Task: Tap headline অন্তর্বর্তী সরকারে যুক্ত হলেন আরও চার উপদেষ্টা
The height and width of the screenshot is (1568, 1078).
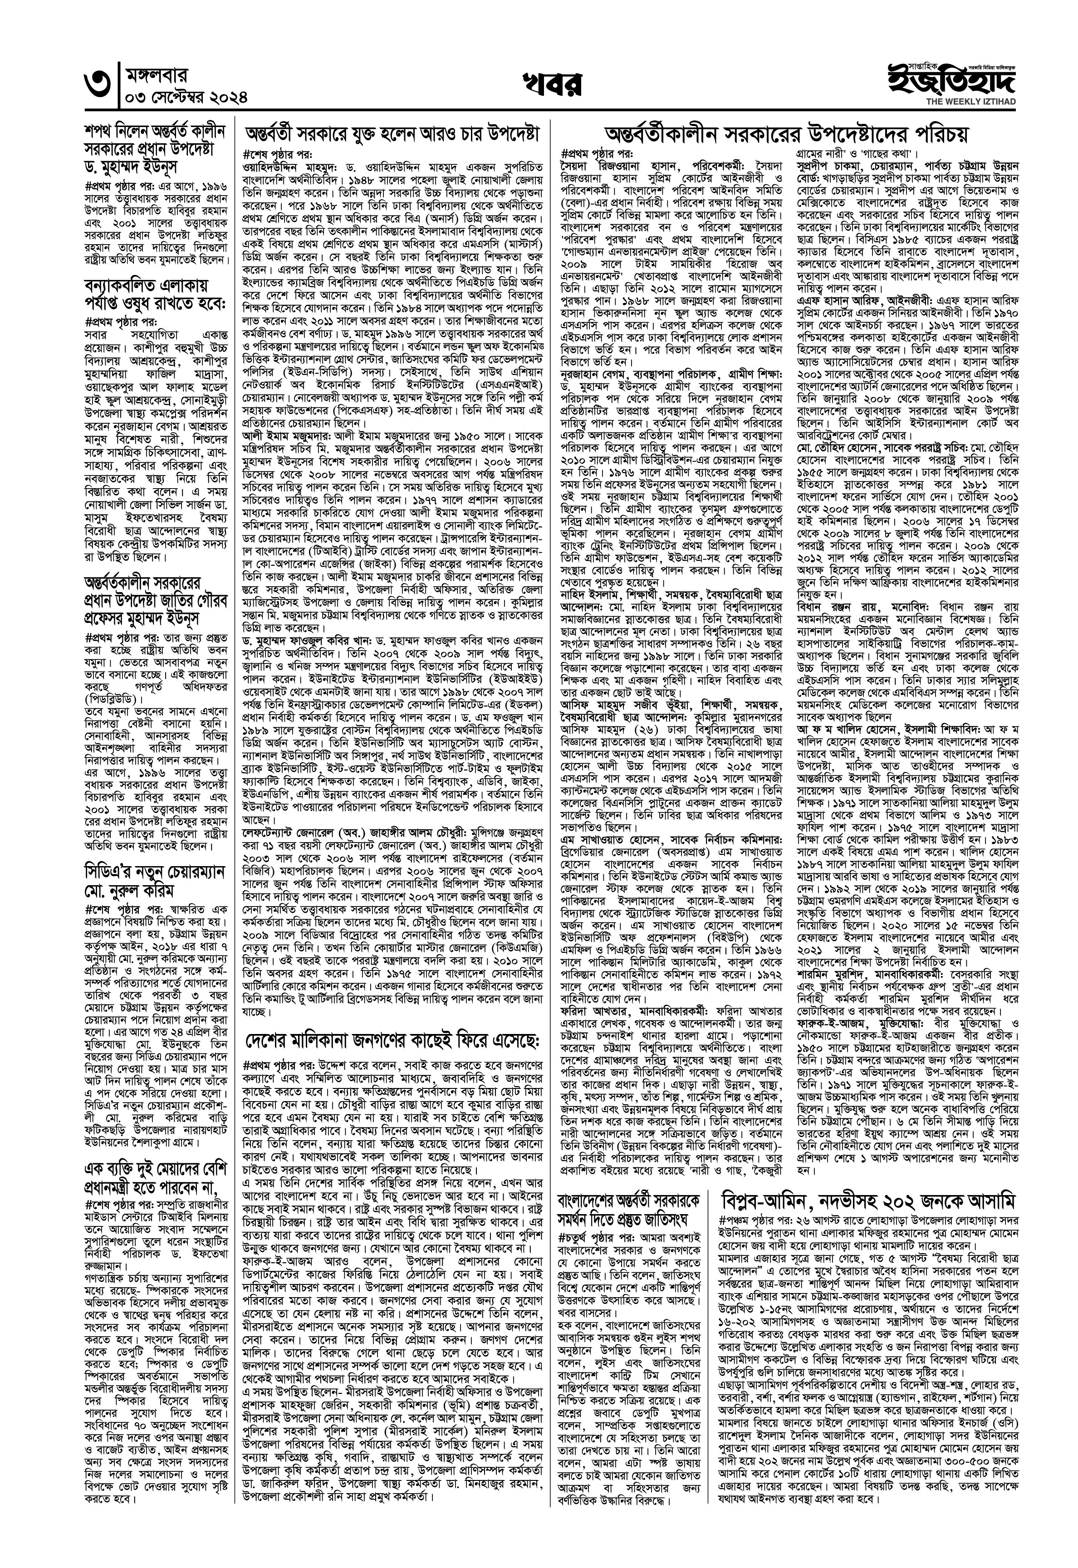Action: [392, 134]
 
